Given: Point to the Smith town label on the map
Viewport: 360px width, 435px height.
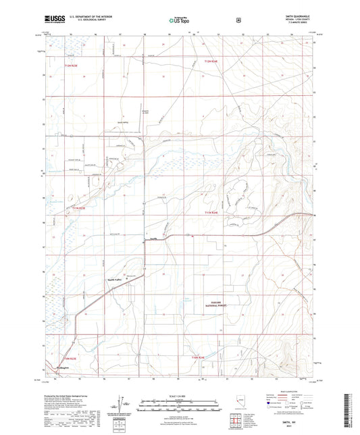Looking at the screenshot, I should coord(153,239).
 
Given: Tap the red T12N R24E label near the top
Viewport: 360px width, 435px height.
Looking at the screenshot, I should coord(211,61).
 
